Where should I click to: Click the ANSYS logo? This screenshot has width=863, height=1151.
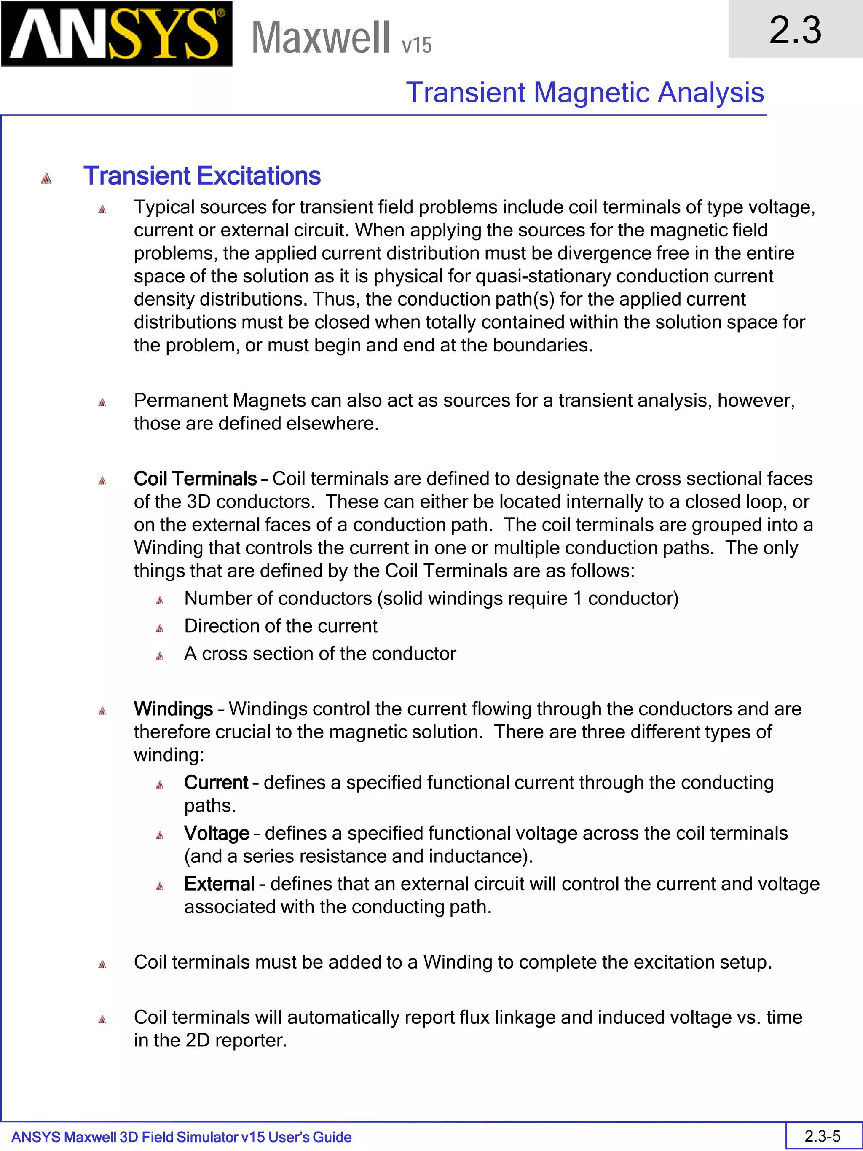[x=117, y=34]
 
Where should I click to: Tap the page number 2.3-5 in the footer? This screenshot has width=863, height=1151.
[x=823, y=1136]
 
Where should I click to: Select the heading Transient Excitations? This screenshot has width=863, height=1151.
[x=202, y=176]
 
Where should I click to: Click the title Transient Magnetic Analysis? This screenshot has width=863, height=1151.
[x=585, y=93]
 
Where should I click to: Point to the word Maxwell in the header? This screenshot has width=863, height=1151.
[x=320, y=38]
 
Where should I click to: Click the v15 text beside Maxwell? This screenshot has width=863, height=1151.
[x=417, y=45]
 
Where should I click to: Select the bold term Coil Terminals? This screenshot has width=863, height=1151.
[x=195, y=479]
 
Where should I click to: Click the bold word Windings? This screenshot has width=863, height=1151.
[x=173, y=709]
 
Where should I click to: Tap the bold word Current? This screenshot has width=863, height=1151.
[x=216, y=783]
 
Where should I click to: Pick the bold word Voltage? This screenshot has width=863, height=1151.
[x=217, y=833]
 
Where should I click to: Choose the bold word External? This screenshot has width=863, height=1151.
[x=219, y=883]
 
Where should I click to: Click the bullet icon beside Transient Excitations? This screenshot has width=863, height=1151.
[x=46, y=178]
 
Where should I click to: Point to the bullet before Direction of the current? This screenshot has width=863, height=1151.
[x=160, y=628]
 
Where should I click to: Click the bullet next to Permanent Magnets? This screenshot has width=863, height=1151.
[x=102, y=402]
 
